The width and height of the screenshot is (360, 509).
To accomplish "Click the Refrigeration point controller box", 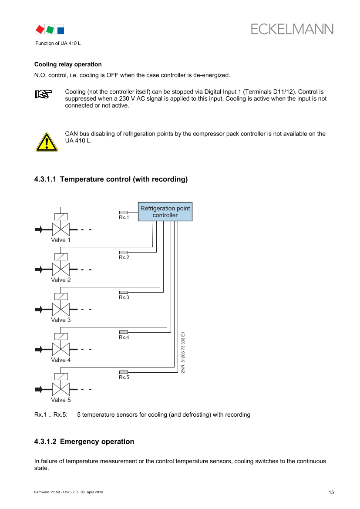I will (x=165, y=212).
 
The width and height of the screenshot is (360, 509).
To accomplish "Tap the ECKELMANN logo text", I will (x=292, y=29).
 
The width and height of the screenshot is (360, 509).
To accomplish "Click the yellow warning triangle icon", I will (x=46, y=142).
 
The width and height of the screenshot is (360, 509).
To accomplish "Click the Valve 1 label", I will (x=61, y=240).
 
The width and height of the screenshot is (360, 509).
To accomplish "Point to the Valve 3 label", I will (x=61, y=320).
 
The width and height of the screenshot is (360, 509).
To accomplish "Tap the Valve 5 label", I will (x=61, y=400).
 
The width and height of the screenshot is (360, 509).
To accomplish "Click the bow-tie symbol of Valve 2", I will (x=61, y=270).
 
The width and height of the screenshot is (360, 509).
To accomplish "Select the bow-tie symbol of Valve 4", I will (x=61, y=350).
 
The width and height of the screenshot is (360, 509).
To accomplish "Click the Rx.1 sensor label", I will (x=124, y=217).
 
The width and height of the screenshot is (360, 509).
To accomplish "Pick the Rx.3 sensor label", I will (x=124, y=297).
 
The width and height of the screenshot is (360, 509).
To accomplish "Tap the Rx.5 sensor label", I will (x=124, y=378).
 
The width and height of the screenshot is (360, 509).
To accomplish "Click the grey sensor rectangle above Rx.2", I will (x=124, y=252).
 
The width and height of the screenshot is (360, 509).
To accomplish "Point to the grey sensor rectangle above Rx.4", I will (x=124, y=332).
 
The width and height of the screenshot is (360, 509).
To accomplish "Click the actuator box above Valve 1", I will (x=61, y=217).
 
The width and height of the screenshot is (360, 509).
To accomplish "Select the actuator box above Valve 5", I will (x=61, y=377).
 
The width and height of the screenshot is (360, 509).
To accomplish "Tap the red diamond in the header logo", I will (x=40, y=29).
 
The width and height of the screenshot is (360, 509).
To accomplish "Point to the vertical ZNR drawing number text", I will (x=183, y=353).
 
